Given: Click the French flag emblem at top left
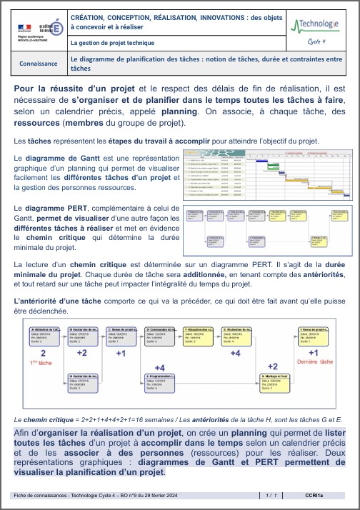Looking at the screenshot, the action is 24,26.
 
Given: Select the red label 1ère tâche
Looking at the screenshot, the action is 41,362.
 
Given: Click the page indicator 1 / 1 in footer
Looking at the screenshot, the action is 270,494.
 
